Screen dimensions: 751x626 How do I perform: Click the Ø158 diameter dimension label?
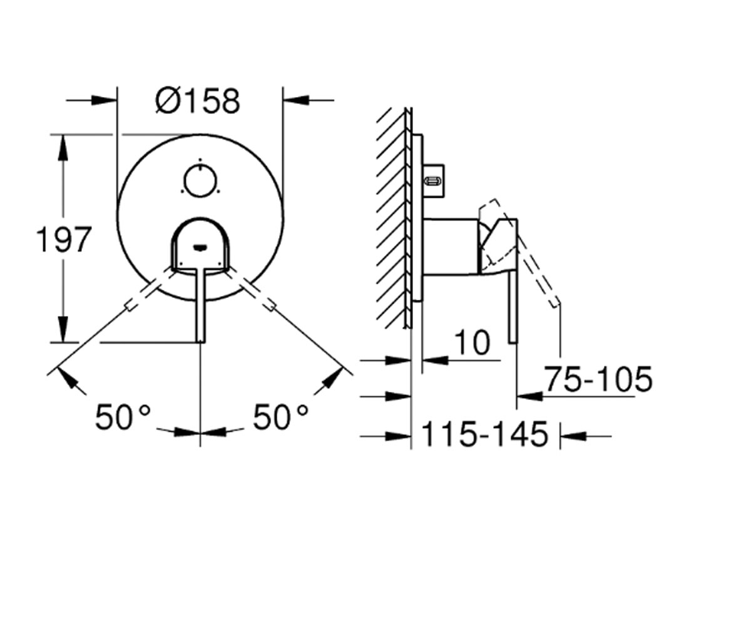point(198,101)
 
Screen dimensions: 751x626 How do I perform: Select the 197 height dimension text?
point(64,240)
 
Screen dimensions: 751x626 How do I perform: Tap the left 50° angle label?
point(123,418)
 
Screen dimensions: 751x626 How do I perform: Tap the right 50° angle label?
point(281,418)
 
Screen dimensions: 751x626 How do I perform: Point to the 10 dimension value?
point(473,343)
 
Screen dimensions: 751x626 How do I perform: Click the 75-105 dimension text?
point(598,379)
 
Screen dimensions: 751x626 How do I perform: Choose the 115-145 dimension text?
point(485,434)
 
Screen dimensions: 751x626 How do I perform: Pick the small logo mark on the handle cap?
point(200,247)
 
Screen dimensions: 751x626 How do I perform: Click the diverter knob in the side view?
point(434,181)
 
